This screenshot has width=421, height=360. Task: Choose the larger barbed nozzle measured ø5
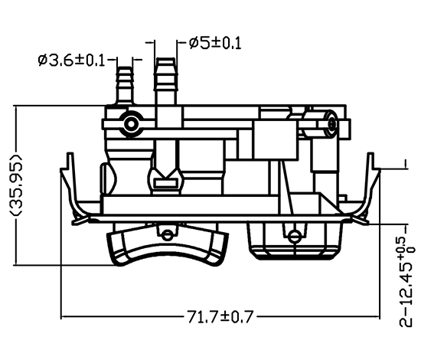165,80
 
